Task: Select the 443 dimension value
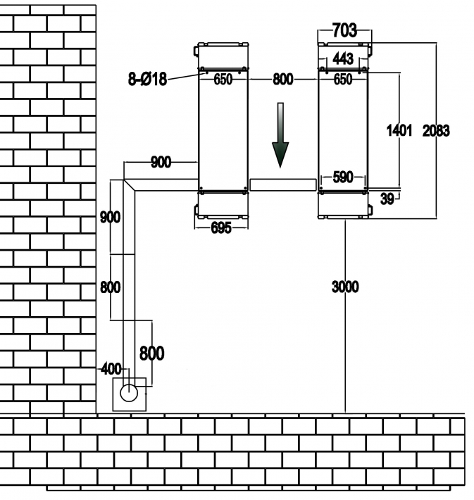343,58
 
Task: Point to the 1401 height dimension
399,130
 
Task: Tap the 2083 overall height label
437,130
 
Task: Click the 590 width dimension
343,177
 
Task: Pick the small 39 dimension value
387,199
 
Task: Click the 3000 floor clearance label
345,287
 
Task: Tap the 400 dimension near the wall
111,368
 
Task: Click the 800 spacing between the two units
282,80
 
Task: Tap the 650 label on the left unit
223,80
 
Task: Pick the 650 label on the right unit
343,80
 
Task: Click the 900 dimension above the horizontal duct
161,163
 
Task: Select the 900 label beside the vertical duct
111,217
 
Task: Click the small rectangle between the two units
282,185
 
